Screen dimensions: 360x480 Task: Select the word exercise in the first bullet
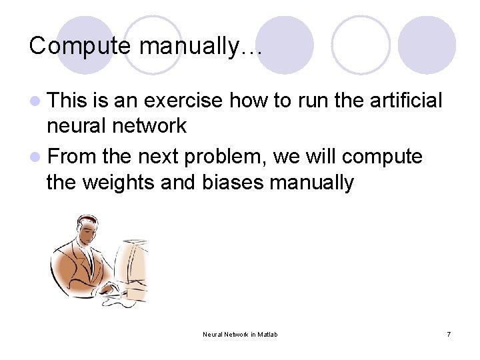click(183, 101)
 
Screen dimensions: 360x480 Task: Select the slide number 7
click(448, 334)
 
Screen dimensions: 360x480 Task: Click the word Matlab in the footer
click(266, 334)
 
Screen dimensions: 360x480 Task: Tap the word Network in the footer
click(236, 334)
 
